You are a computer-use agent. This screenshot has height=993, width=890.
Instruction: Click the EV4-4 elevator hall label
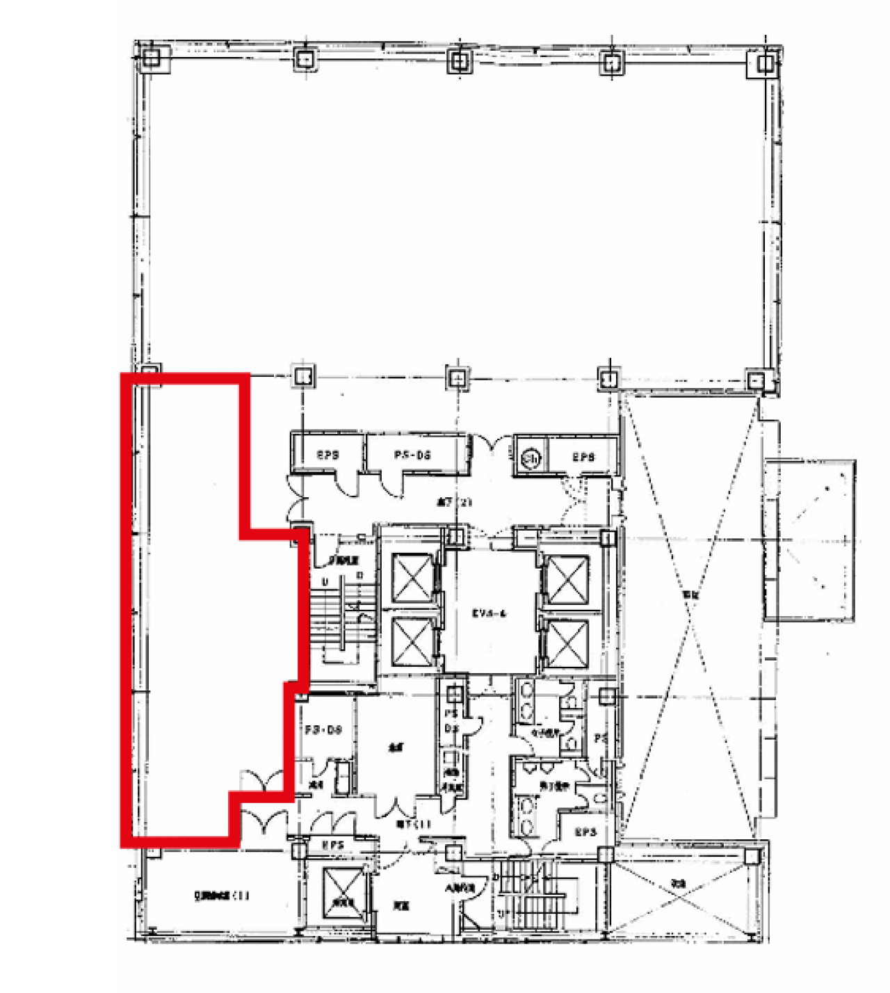[489, 613]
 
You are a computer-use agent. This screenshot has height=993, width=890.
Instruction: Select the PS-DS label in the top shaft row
[412, 455]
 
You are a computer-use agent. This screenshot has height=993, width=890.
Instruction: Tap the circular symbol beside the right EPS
[532, 458]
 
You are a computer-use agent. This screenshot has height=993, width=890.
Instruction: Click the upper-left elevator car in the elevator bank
[412, 577]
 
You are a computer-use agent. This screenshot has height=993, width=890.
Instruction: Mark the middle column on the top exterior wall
[458, 60]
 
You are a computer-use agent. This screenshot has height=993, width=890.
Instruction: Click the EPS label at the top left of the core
[327, 455]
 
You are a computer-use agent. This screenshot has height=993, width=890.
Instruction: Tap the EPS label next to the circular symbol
[583, 457]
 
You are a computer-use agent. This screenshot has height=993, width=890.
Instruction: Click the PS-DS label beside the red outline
[323, 730]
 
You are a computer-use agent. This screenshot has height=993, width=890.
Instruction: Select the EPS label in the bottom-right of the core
[585, 832]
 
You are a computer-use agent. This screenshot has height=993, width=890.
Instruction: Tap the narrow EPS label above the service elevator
[333, 845]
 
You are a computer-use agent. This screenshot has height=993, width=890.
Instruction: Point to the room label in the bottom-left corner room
[220, 896]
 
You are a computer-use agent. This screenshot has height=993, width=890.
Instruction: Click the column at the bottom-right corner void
[753, 856]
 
